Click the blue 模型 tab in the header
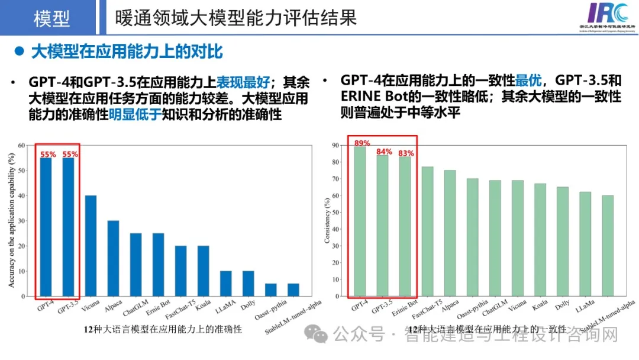pos(52,18)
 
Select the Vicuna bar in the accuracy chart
pos(91,245)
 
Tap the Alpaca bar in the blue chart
pos(113,258)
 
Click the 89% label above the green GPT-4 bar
pos(362,143)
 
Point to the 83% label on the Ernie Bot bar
pos(406,153)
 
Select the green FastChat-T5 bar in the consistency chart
pos(428,231)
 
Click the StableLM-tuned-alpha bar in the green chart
pos(608,246)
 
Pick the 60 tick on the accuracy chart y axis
pos(21,145)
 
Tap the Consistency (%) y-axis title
pos(327,220)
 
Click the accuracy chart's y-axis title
pos(11,220)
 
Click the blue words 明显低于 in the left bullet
pos(135,115)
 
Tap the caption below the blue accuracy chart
pos(163,330)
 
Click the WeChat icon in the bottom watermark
pos(320,336)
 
